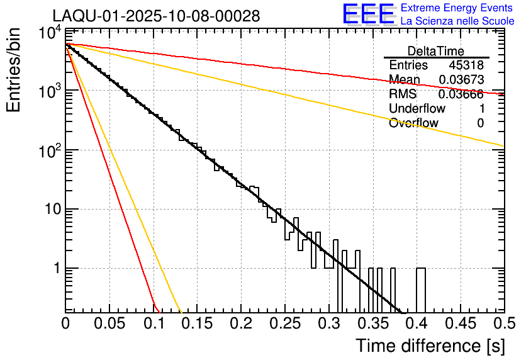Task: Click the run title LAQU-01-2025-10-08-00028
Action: coord(155,16)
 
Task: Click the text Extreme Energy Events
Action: coord(457,8)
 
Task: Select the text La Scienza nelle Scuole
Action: coord(457,21)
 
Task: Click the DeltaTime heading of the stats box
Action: coord(436,51)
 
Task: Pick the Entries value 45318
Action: coord(466,65)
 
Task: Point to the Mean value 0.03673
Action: coord(461,80)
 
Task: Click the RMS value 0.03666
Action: coord(461,94)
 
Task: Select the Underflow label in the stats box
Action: coord(417,108)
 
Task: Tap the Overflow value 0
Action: coord(480,123)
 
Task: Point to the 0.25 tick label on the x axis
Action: coord(284,323)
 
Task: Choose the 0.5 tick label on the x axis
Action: coord(503,323)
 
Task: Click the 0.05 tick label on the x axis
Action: coord(109,323)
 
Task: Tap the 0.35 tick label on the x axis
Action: coord(372,323)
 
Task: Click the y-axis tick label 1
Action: coord(56,269)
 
